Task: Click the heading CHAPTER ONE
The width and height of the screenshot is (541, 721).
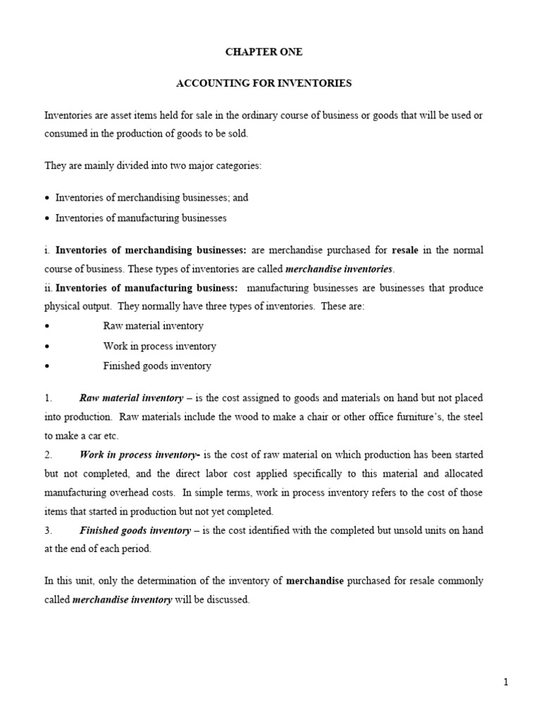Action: click(263, 52)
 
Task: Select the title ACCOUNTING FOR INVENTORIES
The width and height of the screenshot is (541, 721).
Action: click(263, 84)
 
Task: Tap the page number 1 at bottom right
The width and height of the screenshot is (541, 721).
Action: click(506, 682)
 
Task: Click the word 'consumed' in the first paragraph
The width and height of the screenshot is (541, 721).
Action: click(64, 134)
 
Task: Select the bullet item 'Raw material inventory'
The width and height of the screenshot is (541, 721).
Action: click(153, 326)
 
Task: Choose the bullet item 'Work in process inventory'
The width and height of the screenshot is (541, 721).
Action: click(159, 346)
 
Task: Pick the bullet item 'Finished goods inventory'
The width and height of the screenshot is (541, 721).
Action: click(157, 366)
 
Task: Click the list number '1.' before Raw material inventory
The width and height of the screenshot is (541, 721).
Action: click(48, 399)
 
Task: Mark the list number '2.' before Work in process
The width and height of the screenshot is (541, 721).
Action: click(48, 455)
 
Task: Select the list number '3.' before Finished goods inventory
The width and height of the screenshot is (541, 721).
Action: click(48, 531)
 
